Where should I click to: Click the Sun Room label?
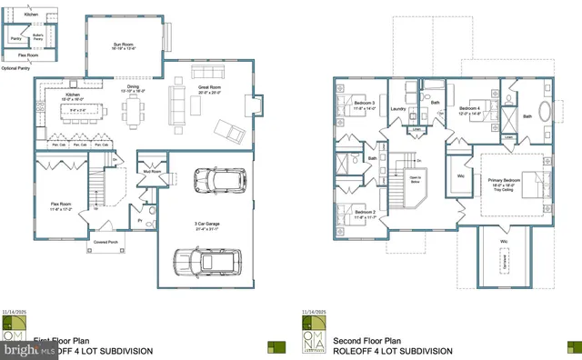123,44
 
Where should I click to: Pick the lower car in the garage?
207,263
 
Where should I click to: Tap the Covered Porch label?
107,243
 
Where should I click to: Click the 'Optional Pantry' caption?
16,68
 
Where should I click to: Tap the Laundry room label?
397,109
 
